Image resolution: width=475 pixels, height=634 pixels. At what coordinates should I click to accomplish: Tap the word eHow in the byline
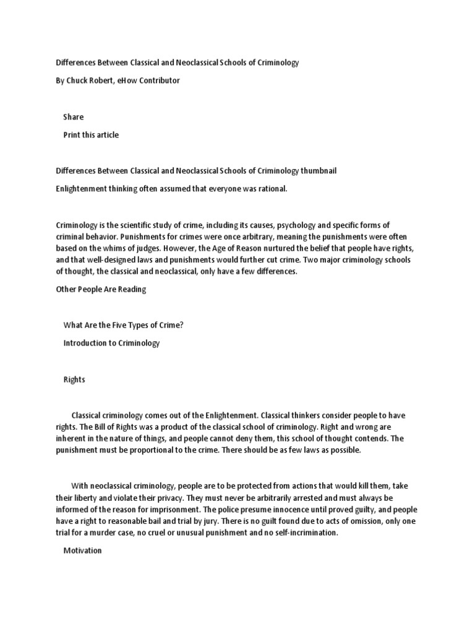(128, 81)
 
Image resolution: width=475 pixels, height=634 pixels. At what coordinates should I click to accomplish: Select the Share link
(73, 117)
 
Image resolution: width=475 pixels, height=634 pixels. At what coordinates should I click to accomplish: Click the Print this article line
(91, 135)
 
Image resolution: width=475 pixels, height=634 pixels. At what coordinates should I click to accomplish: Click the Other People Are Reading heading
(101, 290)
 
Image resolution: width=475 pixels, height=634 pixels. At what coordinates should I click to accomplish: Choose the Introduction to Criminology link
(111, 344)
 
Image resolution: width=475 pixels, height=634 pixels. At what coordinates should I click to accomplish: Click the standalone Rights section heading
(74, 380)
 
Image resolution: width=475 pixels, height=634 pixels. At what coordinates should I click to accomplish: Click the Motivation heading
(82, 551)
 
